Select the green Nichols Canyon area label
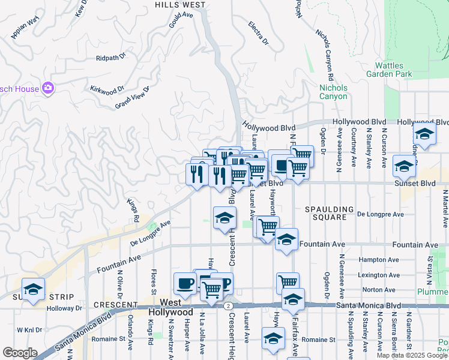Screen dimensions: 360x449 (333, 92)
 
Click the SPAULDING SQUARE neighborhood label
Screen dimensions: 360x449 (330, 209)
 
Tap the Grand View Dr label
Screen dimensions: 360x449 (131, 98)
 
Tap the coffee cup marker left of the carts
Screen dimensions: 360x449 (185, 281)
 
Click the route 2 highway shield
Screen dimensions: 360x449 (229, 305)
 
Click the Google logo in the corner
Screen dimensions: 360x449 (20, 353)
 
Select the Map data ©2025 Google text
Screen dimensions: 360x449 (411, 355)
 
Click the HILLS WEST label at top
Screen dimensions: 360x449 (180, 4)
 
